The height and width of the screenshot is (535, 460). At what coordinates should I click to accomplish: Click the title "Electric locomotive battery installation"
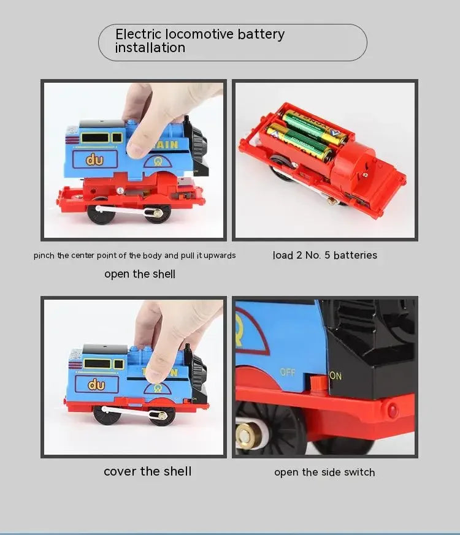(x=200, y=41)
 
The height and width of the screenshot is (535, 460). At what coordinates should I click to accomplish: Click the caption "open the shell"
(x=140, y=274)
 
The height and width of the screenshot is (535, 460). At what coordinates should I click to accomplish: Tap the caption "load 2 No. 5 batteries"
(x=324, y=255)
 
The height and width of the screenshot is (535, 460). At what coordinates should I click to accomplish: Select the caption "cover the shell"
(x=147, y=471)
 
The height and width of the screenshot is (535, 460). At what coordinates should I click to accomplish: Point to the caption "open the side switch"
(x=324, y=472)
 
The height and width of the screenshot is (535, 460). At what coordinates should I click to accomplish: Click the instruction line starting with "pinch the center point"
(x=134, y=256)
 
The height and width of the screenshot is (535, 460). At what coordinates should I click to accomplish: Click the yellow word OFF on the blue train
(x=288, y=372)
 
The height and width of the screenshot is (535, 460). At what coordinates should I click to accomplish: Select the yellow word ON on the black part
(x=336, y=376)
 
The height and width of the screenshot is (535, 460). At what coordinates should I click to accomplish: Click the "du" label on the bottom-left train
(x=96, y=385)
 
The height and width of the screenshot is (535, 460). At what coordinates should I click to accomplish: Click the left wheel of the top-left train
(x=100, y=213)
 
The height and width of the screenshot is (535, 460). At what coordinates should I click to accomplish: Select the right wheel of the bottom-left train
(x=162, y=414)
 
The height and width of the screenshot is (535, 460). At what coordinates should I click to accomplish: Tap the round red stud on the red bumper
(x=393, y=409)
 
